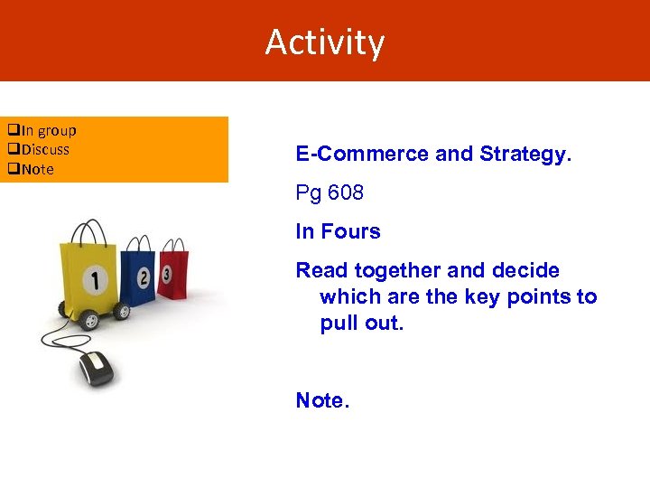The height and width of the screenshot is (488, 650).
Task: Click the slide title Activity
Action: [x=325, y=42]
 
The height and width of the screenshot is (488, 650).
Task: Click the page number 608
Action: [x=346, y=193]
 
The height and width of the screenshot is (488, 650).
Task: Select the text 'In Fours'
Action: [x=338, y=232]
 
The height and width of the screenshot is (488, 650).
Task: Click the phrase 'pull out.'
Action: [x=360, y=324]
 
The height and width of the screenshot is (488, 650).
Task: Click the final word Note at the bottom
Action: [x=321, y=400]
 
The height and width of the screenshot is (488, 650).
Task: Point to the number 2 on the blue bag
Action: [x=144, y=277]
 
